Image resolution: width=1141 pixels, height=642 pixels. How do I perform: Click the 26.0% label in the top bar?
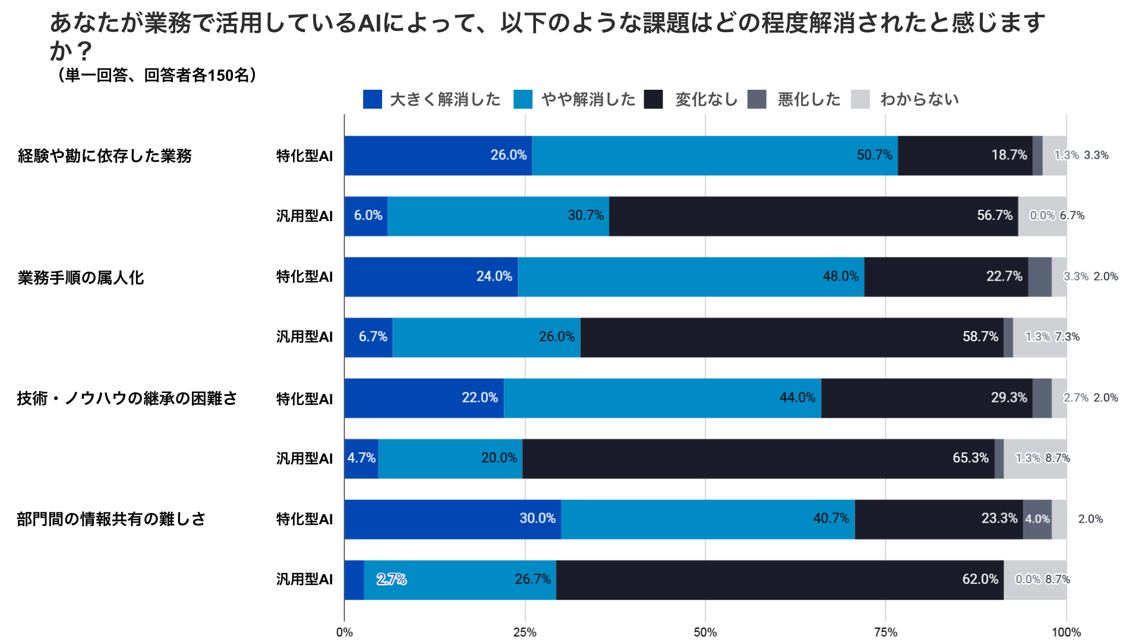pyautogui.click(x=508, y=155)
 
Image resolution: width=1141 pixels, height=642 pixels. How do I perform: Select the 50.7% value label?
pyautogui.click(x=874, y=155)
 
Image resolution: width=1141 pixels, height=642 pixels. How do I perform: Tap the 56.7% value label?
pyautogui.click(x=994, y=215)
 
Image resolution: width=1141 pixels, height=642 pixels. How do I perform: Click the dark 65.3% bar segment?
pyautogui.click(x=758, y=458)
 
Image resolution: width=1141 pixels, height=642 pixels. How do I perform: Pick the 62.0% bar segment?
pyautogui.click(x=780, y=580)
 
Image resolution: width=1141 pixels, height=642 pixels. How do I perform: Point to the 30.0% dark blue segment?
pyautogui.click(x=452, y=519)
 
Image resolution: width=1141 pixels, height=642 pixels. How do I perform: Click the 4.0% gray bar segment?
pyautogui.click(x=1037, y=519)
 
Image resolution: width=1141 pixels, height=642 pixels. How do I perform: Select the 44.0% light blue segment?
pyautogui.click(x=662, y=398)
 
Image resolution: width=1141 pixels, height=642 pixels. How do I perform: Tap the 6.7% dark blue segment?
pyautogui.click(x=368, y=337)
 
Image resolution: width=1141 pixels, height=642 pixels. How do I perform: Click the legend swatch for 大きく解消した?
pyautogui.click(x=373, y=99)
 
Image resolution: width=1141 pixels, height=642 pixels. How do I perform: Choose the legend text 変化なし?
pyautogui.click(x=706, y=99)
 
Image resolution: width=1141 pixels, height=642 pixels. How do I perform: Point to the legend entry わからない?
pyautogui.click(x=919, y=99)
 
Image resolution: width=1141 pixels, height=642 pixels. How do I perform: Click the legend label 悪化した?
pyautogui.click(x=809, y=99)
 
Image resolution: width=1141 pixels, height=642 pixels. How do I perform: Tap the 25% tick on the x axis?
pyautogui.click(x=525, y=632)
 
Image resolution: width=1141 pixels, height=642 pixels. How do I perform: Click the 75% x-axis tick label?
pyautogui.click(x=885, y=632)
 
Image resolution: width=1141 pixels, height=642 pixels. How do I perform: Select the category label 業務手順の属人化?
pyautogui.click(x=81, y=278)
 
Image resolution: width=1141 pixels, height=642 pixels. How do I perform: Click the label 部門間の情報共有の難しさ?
pyautogui.click(x=111, y=519)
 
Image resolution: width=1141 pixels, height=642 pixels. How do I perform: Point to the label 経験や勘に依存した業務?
pyautogui.click(x=105, y=156)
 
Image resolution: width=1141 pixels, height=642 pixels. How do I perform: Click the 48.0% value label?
pyautogui.click(x=840, y=276)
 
